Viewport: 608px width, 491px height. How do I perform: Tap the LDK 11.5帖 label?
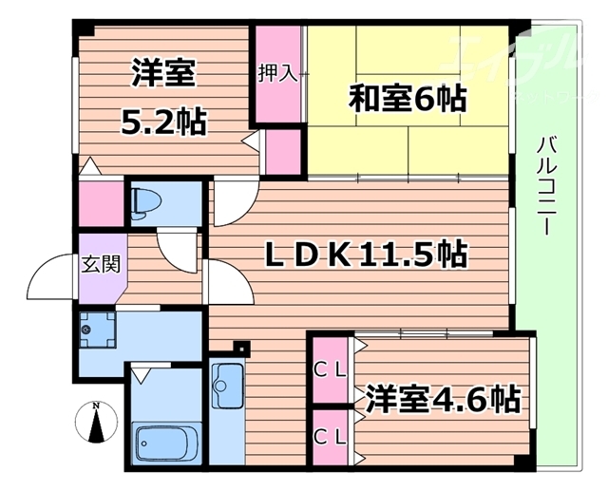click(x=366, y=255)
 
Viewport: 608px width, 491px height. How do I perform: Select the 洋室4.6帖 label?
click(x=438, y=398)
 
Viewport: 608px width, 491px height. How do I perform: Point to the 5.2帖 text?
click(x=164, y=122)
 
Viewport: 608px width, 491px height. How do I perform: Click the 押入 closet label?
click(x=277, y=73)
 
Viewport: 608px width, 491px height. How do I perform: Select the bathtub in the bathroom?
click(x=166, y=443)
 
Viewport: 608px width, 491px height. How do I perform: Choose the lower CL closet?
click(x=330, y=437)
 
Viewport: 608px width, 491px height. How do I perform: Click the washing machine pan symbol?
click(x=96, y=330)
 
